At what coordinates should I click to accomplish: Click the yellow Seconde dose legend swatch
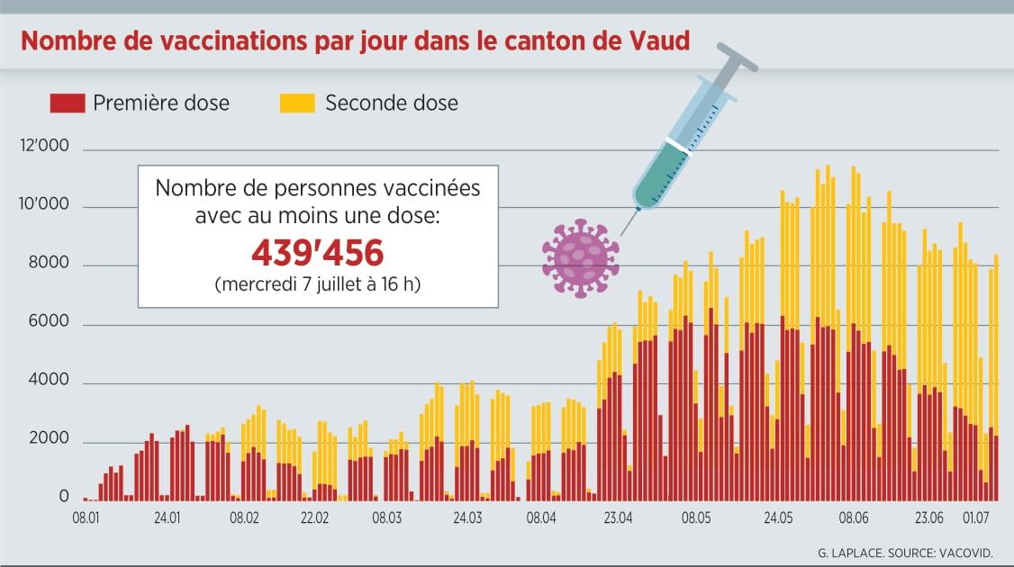point(297,103)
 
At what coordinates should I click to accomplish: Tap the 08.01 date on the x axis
point(86,518)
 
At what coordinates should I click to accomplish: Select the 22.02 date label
point(315,518)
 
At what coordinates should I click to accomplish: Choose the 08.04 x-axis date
point(542,518)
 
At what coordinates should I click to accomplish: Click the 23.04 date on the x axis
point(618,518)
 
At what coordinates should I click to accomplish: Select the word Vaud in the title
point(660,42)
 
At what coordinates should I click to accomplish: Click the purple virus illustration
point(581,257)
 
